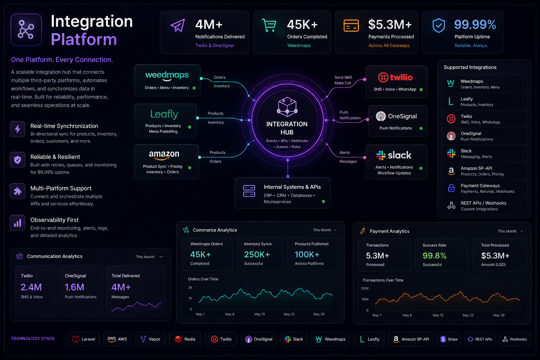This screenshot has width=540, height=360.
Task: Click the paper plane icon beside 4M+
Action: coord(178,25)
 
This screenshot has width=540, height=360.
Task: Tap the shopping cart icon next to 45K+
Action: coord(269,25)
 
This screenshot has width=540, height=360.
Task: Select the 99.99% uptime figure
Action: coord(475,24)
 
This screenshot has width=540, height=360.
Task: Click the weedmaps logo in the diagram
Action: coord(167,76)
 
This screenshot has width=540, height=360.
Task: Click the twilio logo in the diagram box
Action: coord(396,77)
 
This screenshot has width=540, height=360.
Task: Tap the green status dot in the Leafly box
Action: coord(190,127)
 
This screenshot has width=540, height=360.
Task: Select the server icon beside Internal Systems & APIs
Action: coord(249,191)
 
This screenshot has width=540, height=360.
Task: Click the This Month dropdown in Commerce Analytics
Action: coord(324,230)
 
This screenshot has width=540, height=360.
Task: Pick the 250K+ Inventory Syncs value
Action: coord(257,255)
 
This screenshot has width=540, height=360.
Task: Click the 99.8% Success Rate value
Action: coord(435,256)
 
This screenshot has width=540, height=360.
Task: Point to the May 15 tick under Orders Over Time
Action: coord(260,314)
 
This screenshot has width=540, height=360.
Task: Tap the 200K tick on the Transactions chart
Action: coord(365,288)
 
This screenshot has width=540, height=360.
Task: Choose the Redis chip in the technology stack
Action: coord(185,339)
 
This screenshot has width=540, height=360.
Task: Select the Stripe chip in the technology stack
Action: coord(449,339)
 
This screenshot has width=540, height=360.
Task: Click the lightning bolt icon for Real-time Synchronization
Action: coord(18,129)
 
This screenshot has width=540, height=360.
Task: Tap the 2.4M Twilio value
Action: coord(31,287)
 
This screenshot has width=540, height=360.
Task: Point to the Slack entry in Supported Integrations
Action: coord(484,154)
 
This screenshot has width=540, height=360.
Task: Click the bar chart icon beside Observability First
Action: coord(18,223)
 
